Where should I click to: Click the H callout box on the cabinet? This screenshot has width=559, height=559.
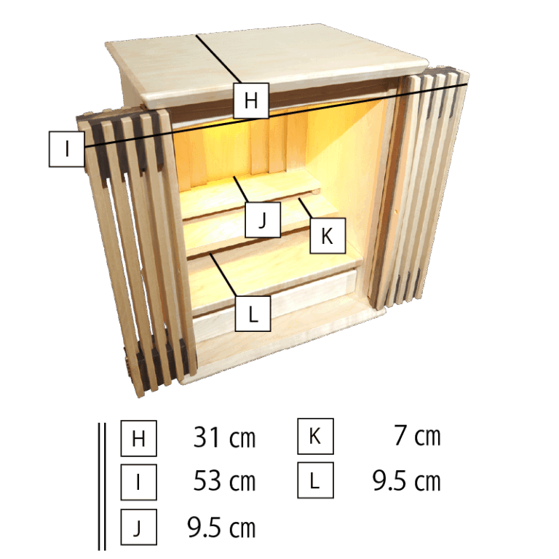(x=251, y=100)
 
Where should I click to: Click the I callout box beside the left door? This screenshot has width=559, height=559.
(x=66, y=149)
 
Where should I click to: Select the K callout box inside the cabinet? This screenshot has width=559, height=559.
(x=328, y=236)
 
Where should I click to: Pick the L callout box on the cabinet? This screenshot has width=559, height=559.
(x=253, y=314)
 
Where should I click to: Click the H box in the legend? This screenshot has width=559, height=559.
(x=138, y=438)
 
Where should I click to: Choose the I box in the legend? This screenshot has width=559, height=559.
(x=138, y=482)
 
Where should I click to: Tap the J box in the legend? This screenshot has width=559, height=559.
(x=138, y=527)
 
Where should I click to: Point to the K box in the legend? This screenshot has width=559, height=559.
(x=315, y=437)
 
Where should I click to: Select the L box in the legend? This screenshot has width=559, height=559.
(x=315, y=480)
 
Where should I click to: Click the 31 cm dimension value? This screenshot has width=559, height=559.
(x=224, y=438)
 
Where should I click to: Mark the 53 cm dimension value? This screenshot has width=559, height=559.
(x=224, y=482)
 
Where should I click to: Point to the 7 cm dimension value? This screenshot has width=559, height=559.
(x=417, y=437)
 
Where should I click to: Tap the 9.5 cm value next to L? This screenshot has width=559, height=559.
(x=407, y=481)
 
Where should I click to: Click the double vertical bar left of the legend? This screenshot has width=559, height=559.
(x=102, y=484)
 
